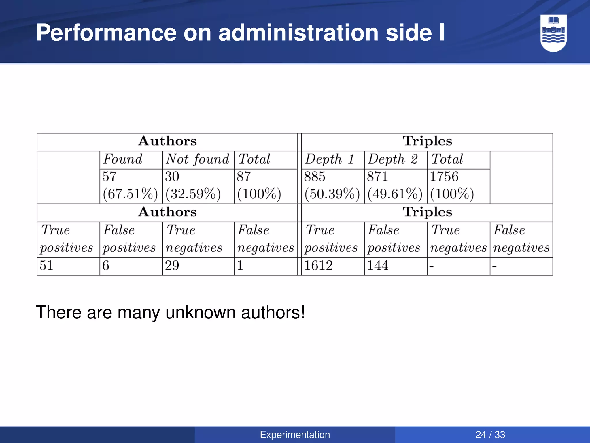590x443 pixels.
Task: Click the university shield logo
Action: (553, 33)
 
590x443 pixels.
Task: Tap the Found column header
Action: (123, 159)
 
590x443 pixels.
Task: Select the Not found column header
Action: (197, 159)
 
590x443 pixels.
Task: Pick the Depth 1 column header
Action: (329, 159)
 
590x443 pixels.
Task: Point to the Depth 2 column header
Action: (393, 159)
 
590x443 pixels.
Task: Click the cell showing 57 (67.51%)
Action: (130, 185)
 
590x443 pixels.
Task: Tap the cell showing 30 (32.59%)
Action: (192, 185)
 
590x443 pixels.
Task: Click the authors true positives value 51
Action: (46, 266)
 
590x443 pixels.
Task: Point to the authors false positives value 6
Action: (106, 266)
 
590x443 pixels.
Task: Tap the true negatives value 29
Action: (172, 266)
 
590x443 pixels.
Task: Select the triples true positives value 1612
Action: (318, 266)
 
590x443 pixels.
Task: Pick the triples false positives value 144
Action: (377, 266)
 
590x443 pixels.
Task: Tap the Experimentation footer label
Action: (295, 435)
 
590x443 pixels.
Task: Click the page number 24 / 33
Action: (490, 435)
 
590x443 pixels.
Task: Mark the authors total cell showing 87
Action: (258, 185)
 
